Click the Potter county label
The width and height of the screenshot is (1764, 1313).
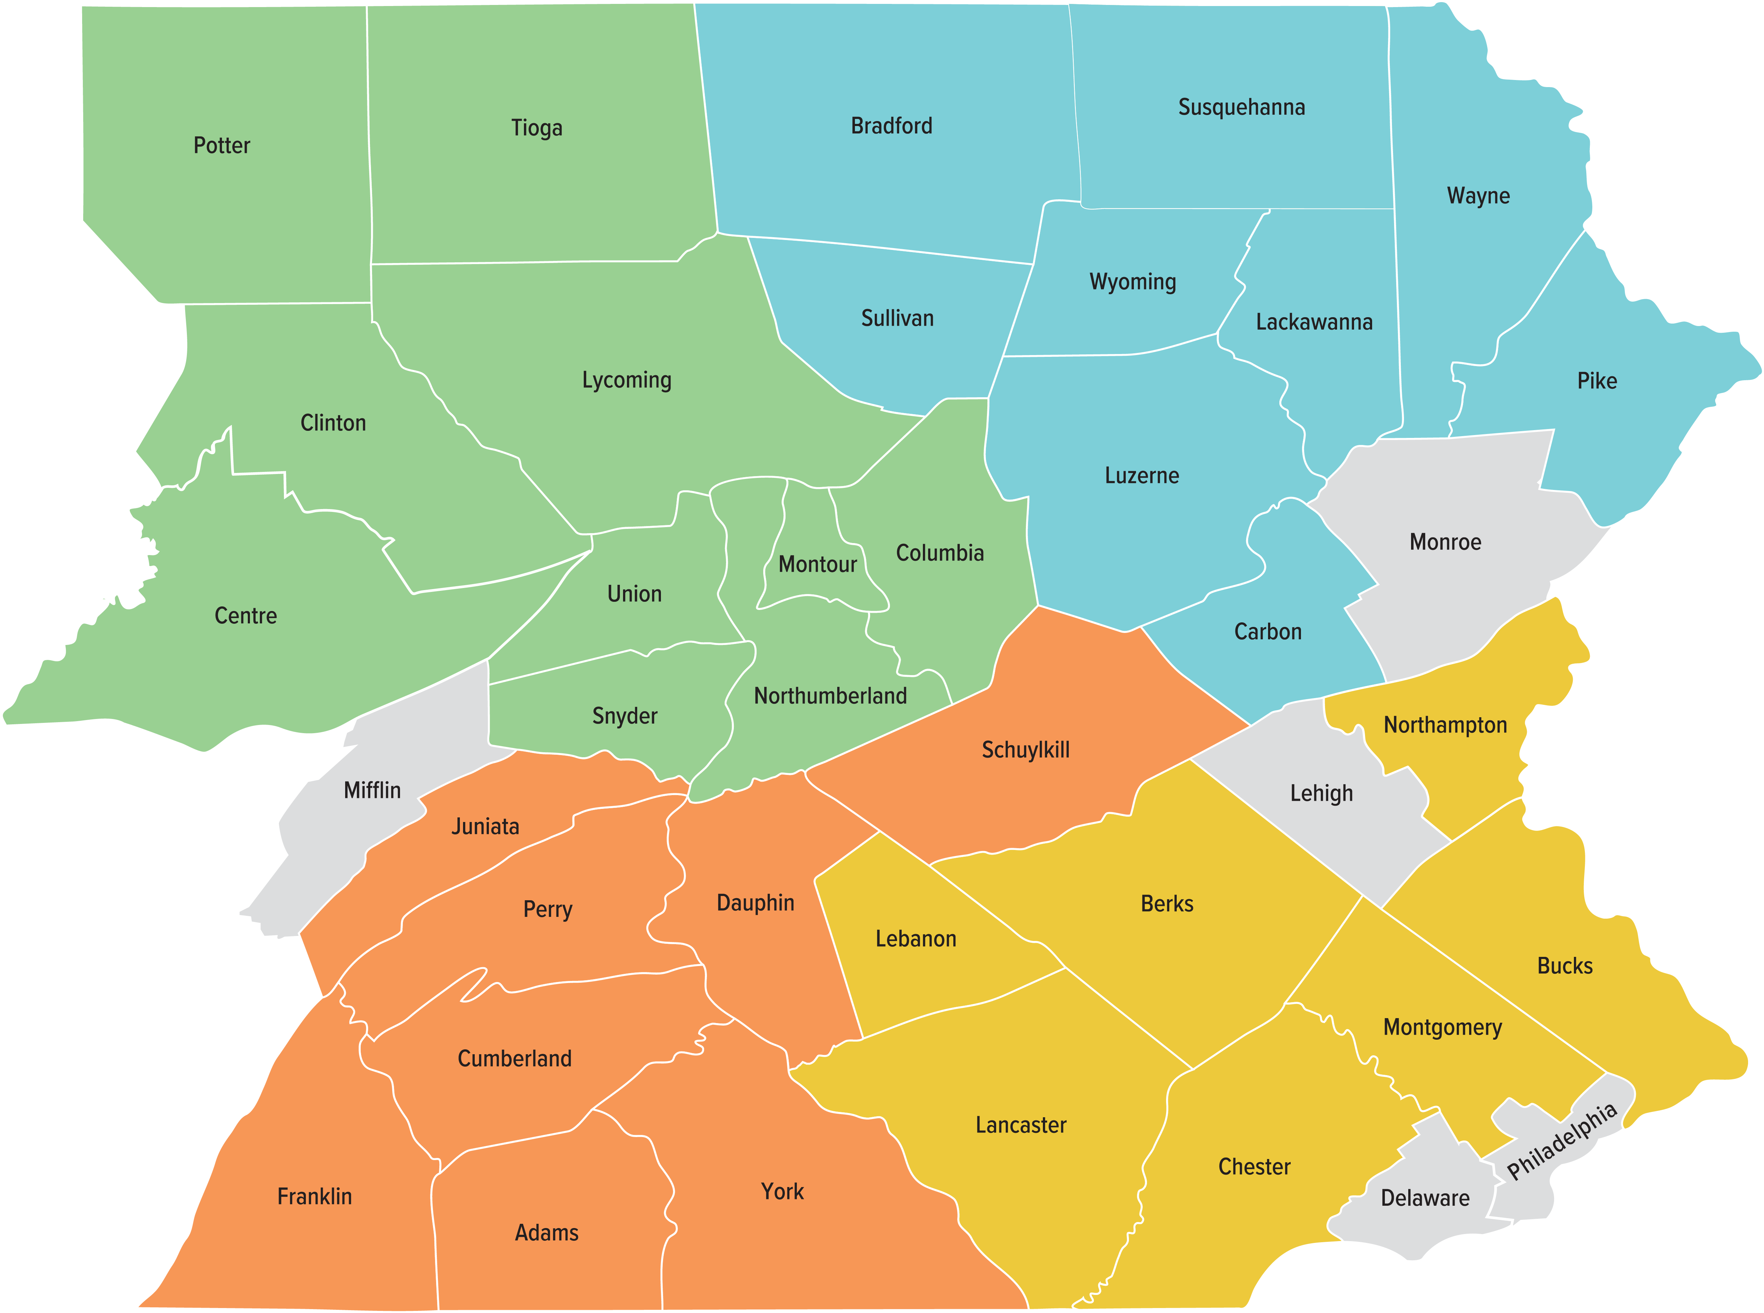pos(222,145)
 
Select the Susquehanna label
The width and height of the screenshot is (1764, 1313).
pos(1241,107)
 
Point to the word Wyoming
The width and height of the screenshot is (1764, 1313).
pos(1132,282)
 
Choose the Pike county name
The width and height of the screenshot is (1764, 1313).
pos(1596,381)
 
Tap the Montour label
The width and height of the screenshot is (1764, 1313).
pos(817,564)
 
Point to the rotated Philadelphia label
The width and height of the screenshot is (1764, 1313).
pos(1562,1141)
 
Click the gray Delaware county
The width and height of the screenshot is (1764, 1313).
pos(1425,1198)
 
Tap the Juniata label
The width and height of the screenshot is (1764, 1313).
pos(485,827)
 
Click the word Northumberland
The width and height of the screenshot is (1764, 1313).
pos(830,696)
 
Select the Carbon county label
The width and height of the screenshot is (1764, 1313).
pos(1267,632)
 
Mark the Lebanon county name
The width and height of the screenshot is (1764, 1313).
pos(915,939)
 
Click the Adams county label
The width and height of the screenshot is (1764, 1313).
pos(547,1233)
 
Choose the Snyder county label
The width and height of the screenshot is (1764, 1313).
pos(624,716)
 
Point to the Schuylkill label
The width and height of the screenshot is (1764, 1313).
pos(1025,749)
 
